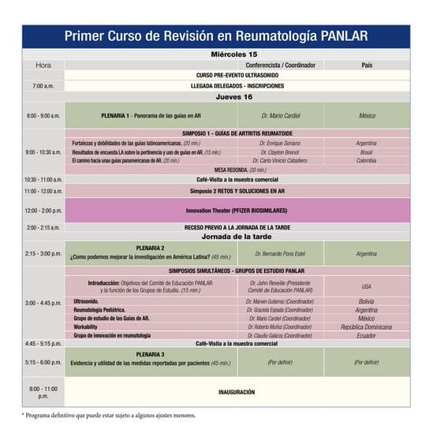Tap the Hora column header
tap(43, 65)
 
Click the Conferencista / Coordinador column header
tap(280, 65)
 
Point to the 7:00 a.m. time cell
tap(43, 85)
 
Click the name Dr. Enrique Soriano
tap(280, 143)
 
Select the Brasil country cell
tap(366, 151)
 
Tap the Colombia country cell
tap(366, 160)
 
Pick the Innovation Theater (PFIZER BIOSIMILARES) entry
tap(237, 211)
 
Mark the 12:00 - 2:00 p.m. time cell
tap(43, 211)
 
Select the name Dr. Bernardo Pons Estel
tap(280, 254)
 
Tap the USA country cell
tap(366, 286)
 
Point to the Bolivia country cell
tap(366, 301)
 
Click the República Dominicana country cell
tap(366, 327)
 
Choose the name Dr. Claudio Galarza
tap(280, 335)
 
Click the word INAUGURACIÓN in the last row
tap(237, 391)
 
